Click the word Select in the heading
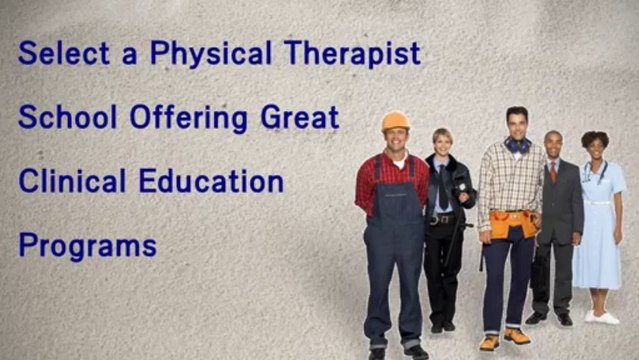64,53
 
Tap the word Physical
211,53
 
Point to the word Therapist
353,53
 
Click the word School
68,117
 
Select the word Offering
189,118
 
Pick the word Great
300,117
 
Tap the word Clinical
72,181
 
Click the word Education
211,181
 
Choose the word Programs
88,246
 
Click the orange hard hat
395,121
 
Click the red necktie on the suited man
553,172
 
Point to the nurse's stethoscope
594,172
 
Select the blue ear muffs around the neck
518,145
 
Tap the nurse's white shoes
602,317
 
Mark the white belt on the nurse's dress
597,202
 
